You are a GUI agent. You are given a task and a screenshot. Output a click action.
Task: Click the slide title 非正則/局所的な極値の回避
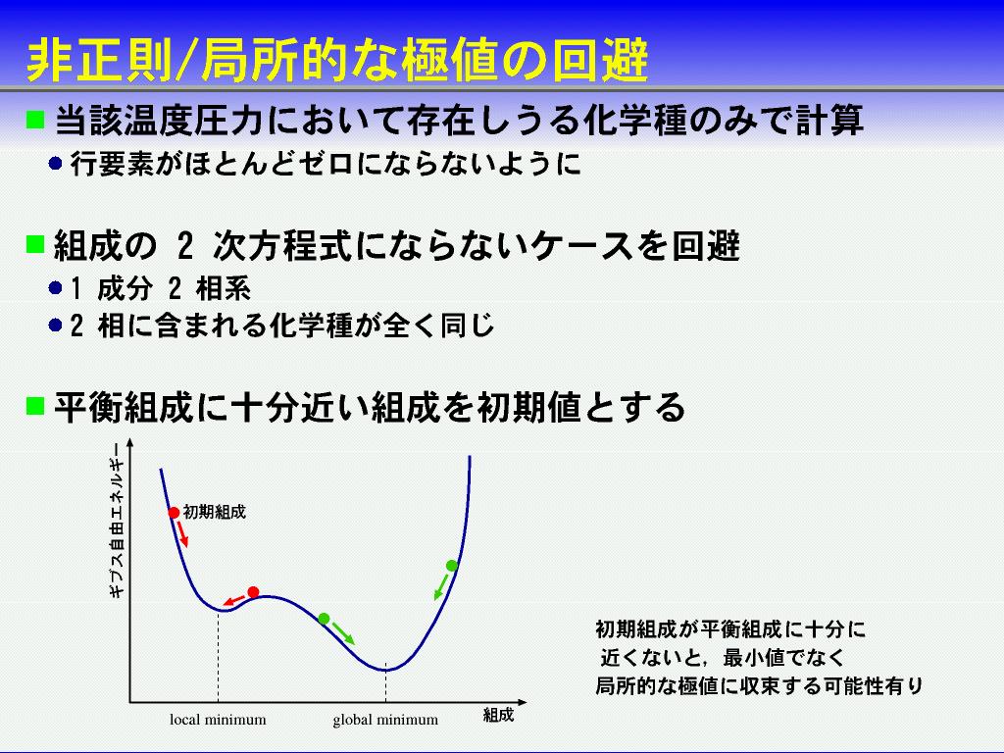pos(337,61)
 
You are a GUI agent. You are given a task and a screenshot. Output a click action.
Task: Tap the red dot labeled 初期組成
pos(174,513)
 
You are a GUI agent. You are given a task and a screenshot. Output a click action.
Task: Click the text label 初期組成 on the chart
pos(215,512)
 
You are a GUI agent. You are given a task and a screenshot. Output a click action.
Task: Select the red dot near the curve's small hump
pos(254,591)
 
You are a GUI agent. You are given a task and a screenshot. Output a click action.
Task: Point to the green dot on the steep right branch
pos(451,566)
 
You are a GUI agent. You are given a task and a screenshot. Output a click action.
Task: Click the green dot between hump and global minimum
pos(324,618)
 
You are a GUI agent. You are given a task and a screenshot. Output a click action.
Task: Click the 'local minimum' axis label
pos(218,720)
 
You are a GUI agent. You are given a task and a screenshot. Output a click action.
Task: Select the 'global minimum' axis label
pos(385,720)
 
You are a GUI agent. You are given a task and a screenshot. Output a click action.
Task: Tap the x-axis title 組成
pos(498,715)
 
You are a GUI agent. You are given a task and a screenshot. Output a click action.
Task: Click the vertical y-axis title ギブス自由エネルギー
pos(117,520)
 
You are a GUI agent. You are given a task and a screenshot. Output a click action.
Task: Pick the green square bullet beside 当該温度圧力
pos(35,119)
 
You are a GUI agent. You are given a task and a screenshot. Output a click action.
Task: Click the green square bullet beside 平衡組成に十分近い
pos(35,405)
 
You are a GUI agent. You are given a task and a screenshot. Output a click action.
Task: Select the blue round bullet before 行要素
pos(55,164)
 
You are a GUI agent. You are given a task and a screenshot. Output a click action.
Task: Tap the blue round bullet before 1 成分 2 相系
pos(55,288)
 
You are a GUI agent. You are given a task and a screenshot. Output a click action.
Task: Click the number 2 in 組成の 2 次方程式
pos(185,246)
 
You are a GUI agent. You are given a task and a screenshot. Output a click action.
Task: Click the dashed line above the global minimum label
pos(385,682)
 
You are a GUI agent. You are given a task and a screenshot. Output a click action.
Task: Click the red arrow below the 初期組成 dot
pos(182,533)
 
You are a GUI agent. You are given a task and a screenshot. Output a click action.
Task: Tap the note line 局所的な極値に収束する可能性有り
pos(759,685)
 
